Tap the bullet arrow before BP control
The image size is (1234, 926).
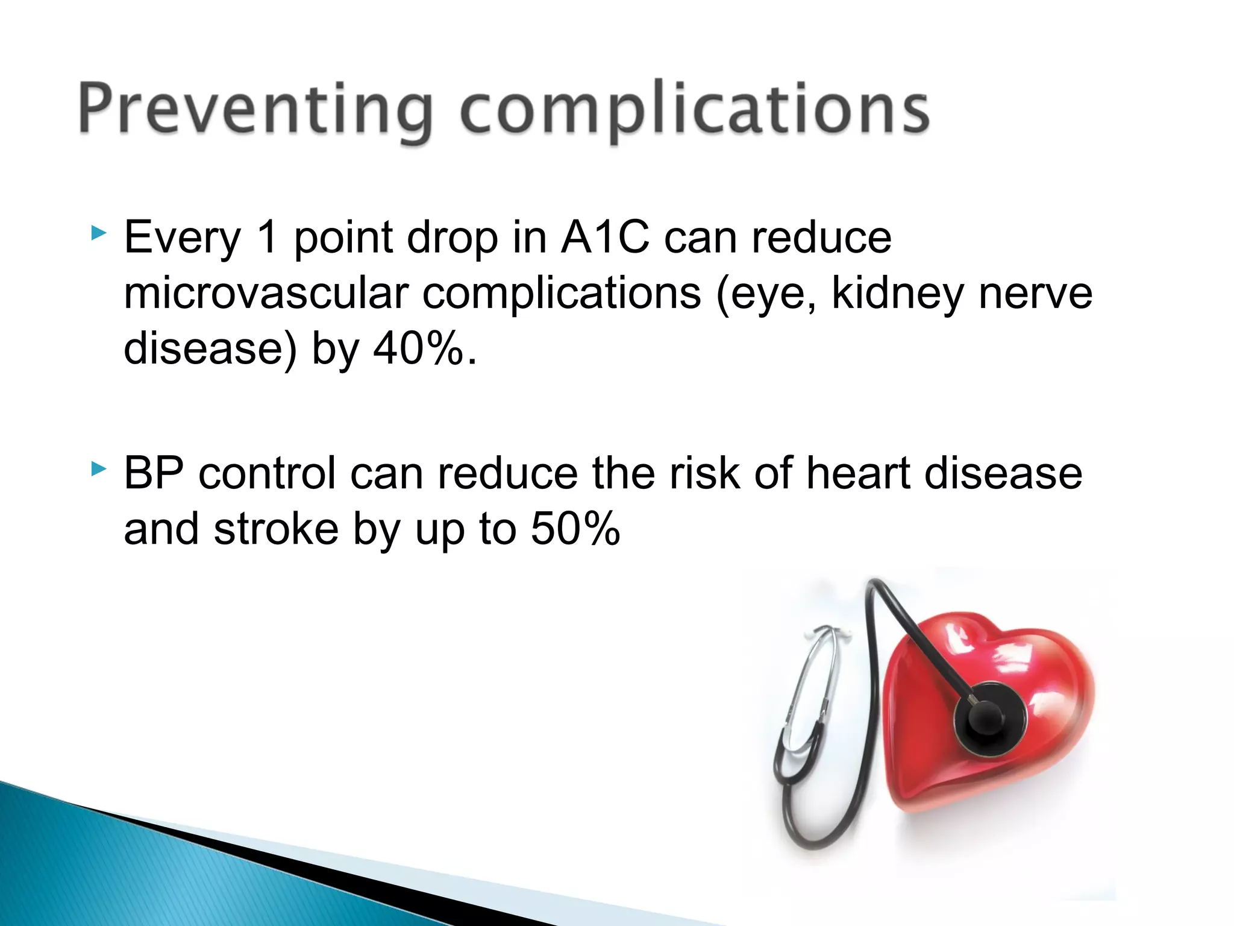(x=98, y=468)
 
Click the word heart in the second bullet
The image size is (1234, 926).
(x=859, y=473)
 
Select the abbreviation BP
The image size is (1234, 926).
(x=154, y=473)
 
